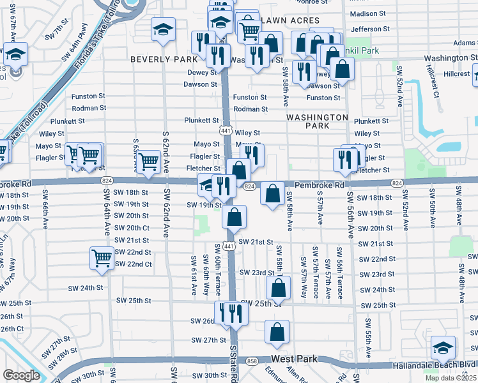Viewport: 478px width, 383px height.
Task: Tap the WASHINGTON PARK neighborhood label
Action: [x=317, y=121]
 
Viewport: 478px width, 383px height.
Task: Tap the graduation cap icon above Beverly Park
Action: [x=163, y=29]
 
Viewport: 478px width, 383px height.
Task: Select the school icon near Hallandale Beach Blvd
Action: [x=443, y=348]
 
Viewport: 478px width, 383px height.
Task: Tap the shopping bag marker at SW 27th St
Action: [x=277, y=332]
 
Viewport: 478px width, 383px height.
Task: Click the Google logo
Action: [x=21, y=375]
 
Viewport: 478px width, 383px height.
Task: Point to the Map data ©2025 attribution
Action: [x=451, y=378]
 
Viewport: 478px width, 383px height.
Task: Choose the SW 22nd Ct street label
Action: [x=133, y=264]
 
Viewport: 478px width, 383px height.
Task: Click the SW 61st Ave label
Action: [x=194, y=275]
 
